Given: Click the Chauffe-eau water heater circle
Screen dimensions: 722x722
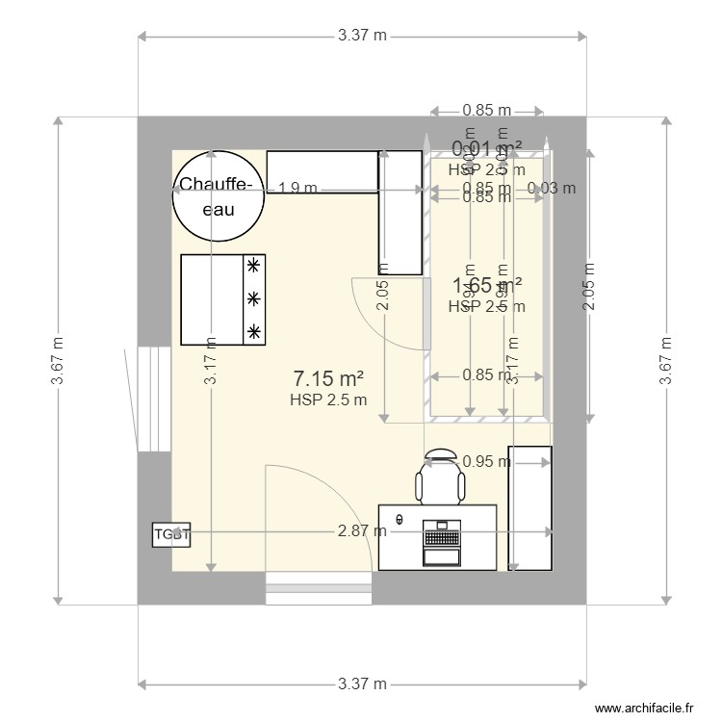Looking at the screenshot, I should pos(218,196).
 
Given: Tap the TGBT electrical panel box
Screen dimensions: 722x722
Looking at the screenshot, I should pos(171,534).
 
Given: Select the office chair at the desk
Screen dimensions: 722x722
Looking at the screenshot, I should pos(439,477).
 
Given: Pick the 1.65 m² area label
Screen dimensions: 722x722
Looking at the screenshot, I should pos(487,285).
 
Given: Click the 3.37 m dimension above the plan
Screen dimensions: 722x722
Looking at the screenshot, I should pos(362,37).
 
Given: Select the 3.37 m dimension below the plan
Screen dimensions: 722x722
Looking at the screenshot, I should pos(362,684).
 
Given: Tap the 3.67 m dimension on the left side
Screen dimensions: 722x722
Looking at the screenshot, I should pos(59,361).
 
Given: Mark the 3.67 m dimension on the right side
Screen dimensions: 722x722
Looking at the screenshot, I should pos(664,361).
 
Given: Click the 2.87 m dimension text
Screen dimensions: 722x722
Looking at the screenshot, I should pos(362,530).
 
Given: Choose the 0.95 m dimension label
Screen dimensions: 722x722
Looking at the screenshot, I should pos(486,461).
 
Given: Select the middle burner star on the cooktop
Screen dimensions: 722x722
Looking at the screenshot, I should pos(254,298).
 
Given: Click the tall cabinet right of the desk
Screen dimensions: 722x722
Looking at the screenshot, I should pos(530,507).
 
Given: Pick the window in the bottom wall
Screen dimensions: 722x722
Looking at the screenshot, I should pos(319,587).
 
